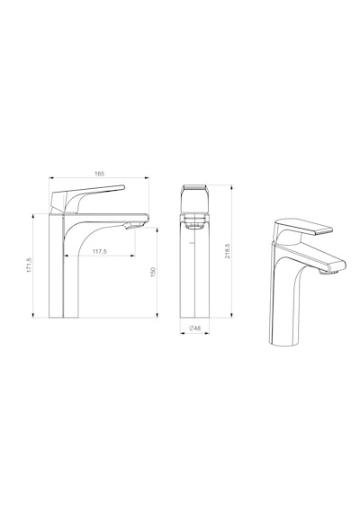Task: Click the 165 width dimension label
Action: tap(99, 174)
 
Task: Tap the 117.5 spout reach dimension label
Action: tap(100, 252)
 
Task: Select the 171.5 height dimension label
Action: tap(29, 265)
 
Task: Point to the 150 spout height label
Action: tap(153, 272)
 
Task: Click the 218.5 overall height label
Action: tap(227, 251)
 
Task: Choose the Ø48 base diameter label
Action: tap(195, 328)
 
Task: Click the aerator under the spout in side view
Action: tap(134, 225)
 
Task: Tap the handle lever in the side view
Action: tap(87, 198)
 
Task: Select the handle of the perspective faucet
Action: tap(302, 230)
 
